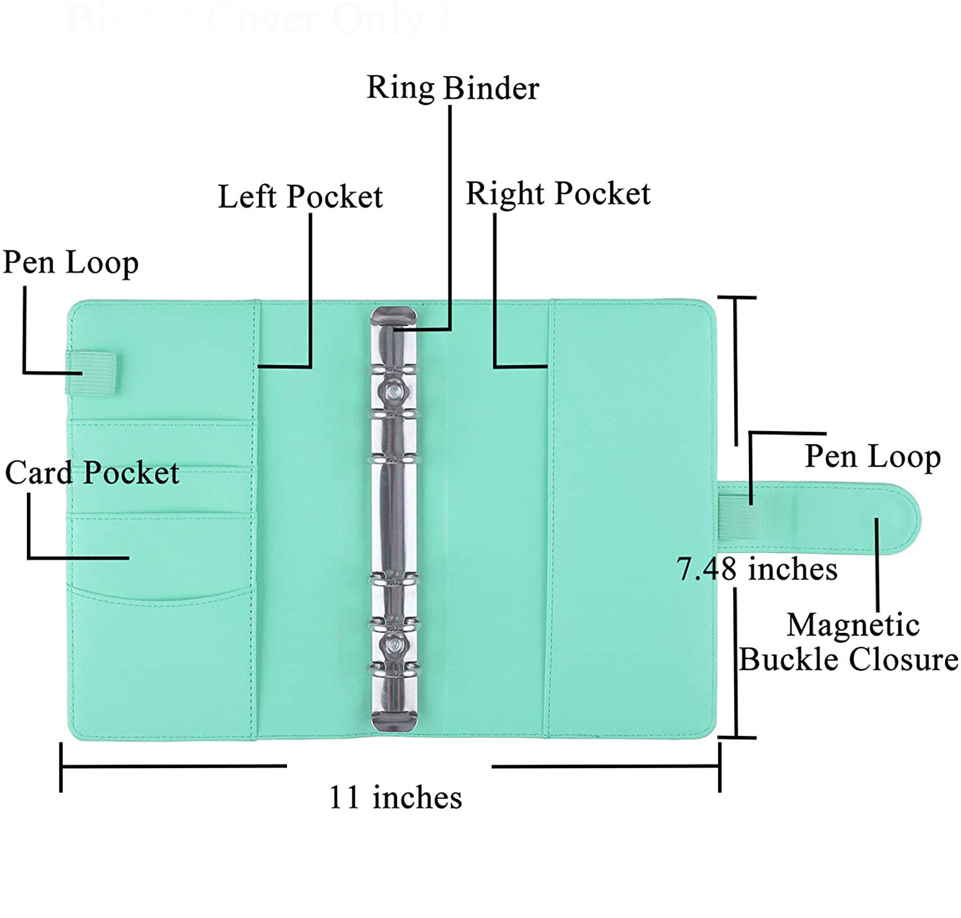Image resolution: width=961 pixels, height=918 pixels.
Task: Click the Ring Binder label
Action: pyautogui.click(x=452, y=88)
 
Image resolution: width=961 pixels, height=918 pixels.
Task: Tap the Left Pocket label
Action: pyautogui.click(x=300, y=196)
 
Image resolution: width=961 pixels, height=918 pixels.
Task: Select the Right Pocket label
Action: pyautogui.click(x=557, y=193)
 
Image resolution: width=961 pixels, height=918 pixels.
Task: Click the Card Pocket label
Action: pyautogui.click(x=92, y=473)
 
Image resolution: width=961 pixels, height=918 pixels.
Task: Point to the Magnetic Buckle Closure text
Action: pyautogui.click(x=848, y=643)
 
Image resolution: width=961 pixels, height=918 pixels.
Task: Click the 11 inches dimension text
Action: pyautogui.click(x=395, y=798)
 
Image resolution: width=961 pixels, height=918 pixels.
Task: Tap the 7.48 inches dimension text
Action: pyautogui.click(x=757, y=569)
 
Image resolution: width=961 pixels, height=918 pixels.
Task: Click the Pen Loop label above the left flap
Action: pyautogui.click(x=70, y=262)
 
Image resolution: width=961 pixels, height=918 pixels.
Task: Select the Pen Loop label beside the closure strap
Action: pyautogui.click(x=872, y=456)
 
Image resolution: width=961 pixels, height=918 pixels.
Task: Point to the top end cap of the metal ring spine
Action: pyautogui.click(x=393, y=316)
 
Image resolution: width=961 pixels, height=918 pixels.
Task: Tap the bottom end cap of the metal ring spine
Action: pyautogui.click(x=393, y=720)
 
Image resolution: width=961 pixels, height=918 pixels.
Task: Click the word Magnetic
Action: pyautogui.click(x=853, y=625)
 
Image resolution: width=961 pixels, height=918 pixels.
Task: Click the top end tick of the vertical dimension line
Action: pyautogui.click(x=736, y=298)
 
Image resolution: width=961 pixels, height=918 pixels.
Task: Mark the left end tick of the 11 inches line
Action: pyautogui.click(x=61, y=767)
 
